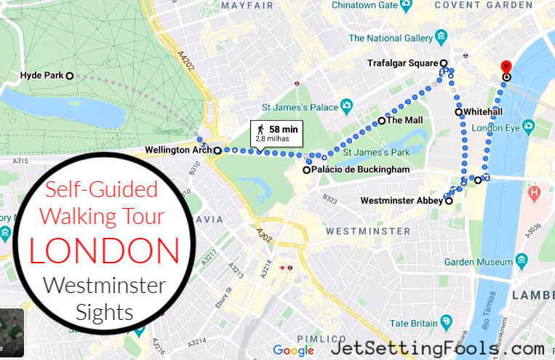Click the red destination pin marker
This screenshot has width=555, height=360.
click(x=506, y=67)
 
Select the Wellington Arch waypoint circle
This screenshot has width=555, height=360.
click(x=217, y=151)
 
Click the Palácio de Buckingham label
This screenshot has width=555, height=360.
click(x=356, y=169)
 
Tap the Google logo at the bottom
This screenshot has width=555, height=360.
click(x=293, y=351)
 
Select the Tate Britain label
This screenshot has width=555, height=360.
click(x=415, y=323)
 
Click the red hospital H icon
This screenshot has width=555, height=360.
click(x=535, y=194)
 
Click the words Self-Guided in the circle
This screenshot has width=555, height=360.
click(x=102, y=190)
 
